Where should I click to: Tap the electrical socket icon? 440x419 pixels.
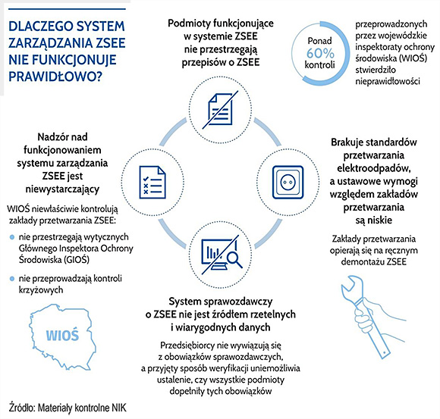pyautogui.click(x=287, y=180)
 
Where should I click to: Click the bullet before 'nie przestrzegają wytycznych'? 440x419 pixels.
pyautogui.click(x=11, y=238)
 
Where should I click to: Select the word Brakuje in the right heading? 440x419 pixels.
pyautogui.click(x=350, y=142)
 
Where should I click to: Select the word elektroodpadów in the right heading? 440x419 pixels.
pyautogui.click(x=369, y=166)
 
